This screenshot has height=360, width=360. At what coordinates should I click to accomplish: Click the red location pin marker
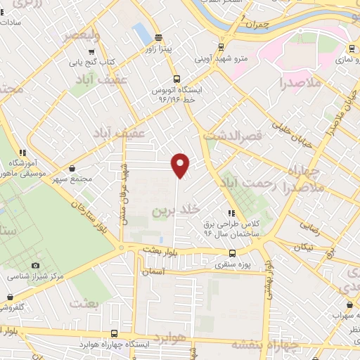[x=181, y=165]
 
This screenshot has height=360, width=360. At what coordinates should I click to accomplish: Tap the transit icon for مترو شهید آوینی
[x=221, y=48]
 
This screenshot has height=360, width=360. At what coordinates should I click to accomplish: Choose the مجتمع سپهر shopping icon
[x=73, y=168]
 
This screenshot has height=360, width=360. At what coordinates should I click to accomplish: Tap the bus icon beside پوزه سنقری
[x=232, y=254]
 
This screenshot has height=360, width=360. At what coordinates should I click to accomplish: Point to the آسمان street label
[x=152, y=271]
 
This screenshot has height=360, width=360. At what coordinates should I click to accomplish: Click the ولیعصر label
[x=82, y=34]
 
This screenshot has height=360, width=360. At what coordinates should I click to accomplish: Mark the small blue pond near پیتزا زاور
[x=142, y=32]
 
